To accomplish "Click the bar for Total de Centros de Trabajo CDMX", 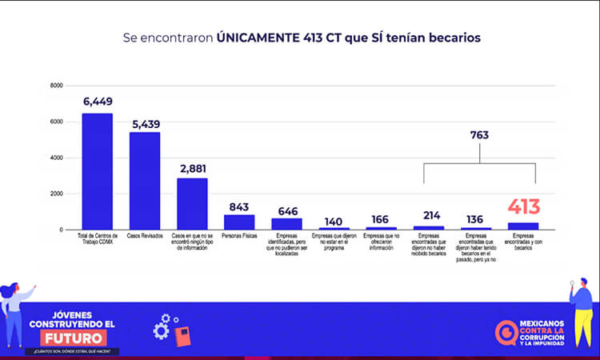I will (x=98, y=171).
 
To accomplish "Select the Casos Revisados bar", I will (x=145, y=181).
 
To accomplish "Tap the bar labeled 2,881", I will (x=192, y=204).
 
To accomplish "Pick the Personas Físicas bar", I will (x=239, y=222).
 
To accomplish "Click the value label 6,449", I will (x=98, y=102).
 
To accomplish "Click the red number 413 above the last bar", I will (x=524, y=207).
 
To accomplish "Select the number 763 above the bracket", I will (x=480, y=135).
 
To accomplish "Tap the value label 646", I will (x=287, y=211).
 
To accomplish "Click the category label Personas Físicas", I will (x=239, y=237).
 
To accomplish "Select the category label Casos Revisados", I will (x=145, y=237).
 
